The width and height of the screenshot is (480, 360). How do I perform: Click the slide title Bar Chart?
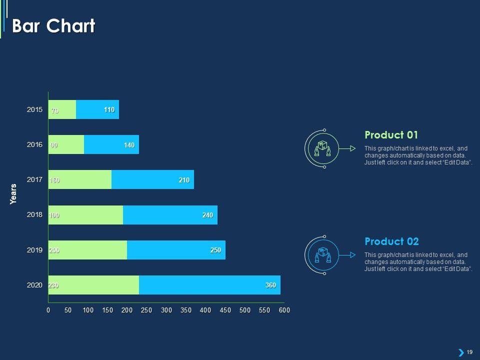[53, 26]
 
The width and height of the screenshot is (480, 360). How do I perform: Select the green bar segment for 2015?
[62, 109]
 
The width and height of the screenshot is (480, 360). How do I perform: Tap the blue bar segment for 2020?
[209, 285]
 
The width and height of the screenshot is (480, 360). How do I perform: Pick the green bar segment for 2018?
[86, 215]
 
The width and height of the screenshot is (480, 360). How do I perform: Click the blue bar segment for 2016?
[111, 144]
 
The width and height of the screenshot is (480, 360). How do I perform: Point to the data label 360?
[270, 285]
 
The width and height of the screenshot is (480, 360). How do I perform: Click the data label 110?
[109, 110]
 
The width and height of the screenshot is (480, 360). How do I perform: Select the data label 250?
[215, 250]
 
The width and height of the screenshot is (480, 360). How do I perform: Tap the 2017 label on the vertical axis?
[35, 179]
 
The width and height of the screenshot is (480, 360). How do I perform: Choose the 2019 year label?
[35, 249]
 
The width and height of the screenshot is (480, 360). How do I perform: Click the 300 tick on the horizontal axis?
[166, 310]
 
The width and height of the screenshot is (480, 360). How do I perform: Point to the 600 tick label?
[284, 310]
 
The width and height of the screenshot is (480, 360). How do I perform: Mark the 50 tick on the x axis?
[68, 310]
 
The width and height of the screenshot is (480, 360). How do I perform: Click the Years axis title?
[13, 194]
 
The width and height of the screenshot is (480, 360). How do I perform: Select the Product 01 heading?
[391, 135]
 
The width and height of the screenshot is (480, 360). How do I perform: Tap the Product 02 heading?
[391, 241]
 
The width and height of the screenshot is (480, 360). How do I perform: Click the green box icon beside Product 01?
[322, 148]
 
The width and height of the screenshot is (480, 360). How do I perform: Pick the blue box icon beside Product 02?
[322, 255]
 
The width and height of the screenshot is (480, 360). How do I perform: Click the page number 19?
[469, 352]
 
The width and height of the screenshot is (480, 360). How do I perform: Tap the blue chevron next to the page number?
[461, 352]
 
